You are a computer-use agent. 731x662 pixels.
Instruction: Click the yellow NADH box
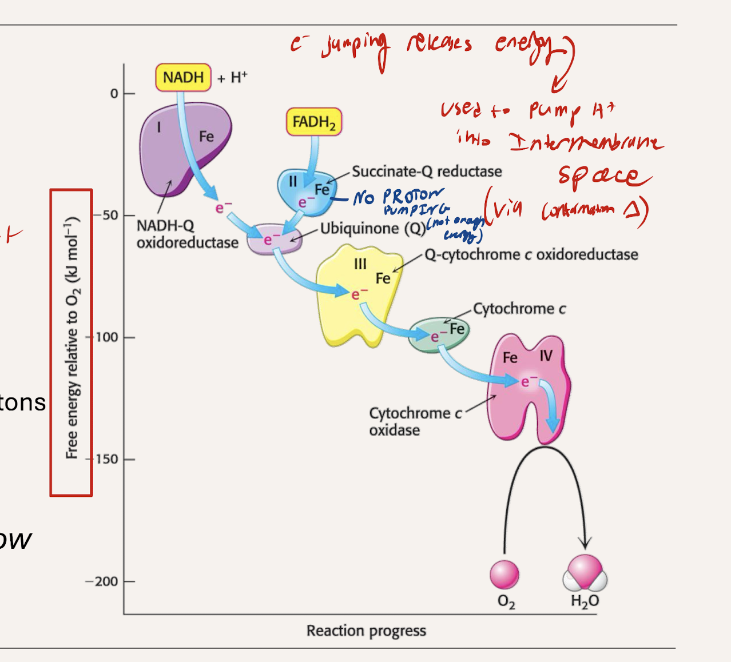coord(183,78)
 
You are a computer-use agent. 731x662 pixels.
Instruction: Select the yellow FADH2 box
coord(313,122)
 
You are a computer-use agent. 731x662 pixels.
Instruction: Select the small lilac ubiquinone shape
coord(275,239)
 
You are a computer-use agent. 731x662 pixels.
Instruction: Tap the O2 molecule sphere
coord(504,575)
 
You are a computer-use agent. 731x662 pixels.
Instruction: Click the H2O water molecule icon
coord(585,573)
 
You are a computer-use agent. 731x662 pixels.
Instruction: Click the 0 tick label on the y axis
coord(114,94)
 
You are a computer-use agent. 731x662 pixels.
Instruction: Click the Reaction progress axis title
coord(366,631)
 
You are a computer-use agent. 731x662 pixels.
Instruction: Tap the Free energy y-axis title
coord(71,337)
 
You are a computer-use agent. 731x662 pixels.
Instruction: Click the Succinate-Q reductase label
coord(427,172)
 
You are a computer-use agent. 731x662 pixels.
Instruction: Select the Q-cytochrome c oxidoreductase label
coord(531,254)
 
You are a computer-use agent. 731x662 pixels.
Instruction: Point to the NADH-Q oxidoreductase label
coord(187,234)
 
